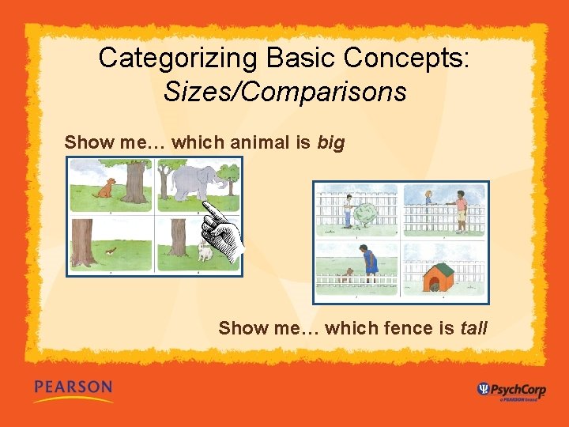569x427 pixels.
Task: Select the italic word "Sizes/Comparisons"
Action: tap(284, 92)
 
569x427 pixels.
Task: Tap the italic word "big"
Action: tap(331, 143)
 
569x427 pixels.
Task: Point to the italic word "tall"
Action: tap(473, 327)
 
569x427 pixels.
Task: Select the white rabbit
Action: tap(205, 252)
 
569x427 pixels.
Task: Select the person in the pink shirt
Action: tap(461, 210)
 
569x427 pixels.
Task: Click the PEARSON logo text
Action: tap(73, 387)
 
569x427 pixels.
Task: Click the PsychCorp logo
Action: tap(511, 389)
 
